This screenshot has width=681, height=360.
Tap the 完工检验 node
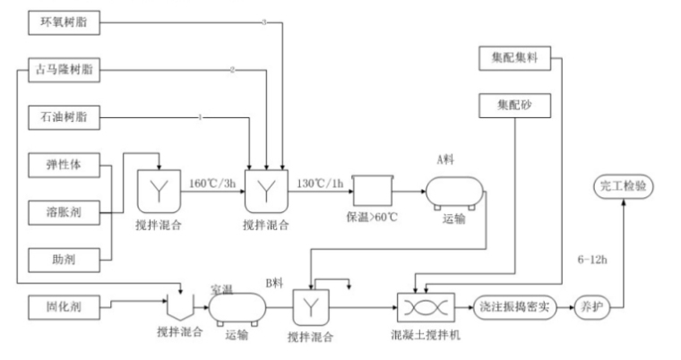[x=625, y=187]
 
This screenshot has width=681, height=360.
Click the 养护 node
[x=590, y=305]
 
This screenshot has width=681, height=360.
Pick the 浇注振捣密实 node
[x=512, y=305]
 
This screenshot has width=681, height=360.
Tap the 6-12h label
[x=595, y=258]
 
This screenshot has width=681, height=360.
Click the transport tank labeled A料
[x=454, y=190]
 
